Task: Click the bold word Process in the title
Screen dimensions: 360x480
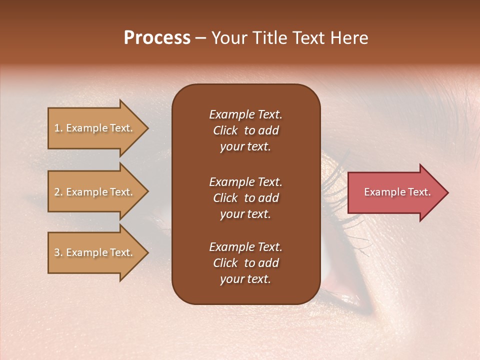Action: coord(157,38)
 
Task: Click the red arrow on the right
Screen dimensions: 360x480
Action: coord(395,192)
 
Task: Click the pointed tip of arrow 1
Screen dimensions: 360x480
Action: coord(147,128)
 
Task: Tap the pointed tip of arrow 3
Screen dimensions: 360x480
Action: coord(147,252)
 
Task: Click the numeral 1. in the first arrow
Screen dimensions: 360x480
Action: coord(58,128)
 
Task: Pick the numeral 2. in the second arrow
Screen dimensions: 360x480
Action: coord(58,192)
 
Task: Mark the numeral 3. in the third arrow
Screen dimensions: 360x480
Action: coord(58,252)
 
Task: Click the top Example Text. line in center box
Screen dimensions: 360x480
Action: coord(245,114)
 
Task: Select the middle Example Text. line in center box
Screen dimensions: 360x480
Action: coord(245,181)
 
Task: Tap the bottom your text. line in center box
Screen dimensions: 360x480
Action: coord(245,279)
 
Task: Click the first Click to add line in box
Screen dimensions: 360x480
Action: coord(245,130)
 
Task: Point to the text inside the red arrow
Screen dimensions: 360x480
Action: coord(397,192)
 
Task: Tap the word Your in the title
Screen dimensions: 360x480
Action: coord(229,38)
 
